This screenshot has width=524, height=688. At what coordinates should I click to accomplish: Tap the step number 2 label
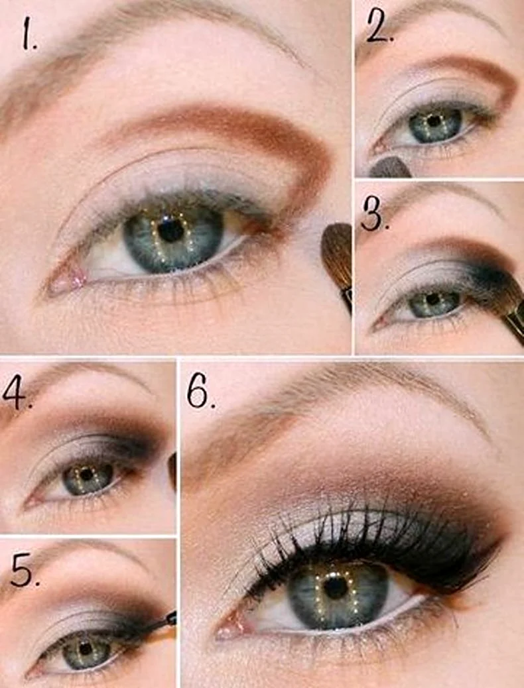coord(379,28)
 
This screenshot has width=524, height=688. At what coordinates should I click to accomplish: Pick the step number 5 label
coord(24,571)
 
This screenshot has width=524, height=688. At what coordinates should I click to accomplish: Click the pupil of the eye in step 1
coord(171,230)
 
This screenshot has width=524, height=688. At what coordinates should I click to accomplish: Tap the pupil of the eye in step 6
coord(336,587)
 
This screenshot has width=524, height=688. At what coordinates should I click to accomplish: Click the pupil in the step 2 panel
coord(434,121)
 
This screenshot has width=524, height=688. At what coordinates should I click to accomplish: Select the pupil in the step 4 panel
coord(86,474)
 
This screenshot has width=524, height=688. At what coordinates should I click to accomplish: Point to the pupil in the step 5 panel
coord(86,648)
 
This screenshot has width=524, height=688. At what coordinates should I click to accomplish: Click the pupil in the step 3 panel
coord(433,299)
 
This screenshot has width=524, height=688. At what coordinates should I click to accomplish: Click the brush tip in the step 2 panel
coord(390,168)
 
